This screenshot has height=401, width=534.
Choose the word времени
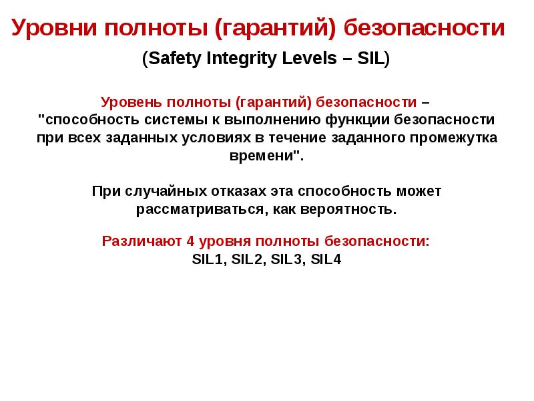262,156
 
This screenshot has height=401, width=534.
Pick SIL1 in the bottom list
206,260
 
